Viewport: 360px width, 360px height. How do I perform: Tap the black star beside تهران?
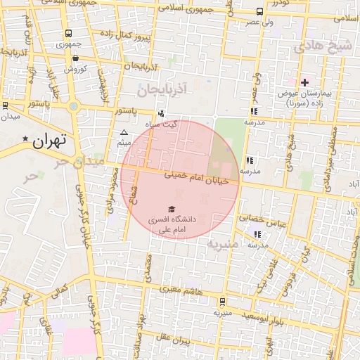(x=26, y=139)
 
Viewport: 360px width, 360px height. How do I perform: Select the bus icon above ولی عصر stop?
(x=259, y=12)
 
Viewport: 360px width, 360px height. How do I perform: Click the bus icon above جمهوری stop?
(x=68, y=33)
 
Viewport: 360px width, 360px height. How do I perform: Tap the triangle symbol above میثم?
(x=124, y=132)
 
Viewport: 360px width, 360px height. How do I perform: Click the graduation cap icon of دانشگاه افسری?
(x=169, y=209)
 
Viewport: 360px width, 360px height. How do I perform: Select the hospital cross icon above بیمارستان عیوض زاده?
(x=304, y=82)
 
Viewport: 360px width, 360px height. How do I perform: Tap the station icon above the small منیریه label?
(x=222, y=302)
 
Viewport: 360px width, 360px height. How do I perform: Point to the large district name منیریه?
(x=224, y=244)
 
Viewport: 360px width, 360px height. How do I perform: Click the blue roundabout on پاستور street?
(x=73, y=107)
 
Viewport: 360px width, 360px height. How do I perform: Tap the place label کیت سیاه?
(x=180, y=124)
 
